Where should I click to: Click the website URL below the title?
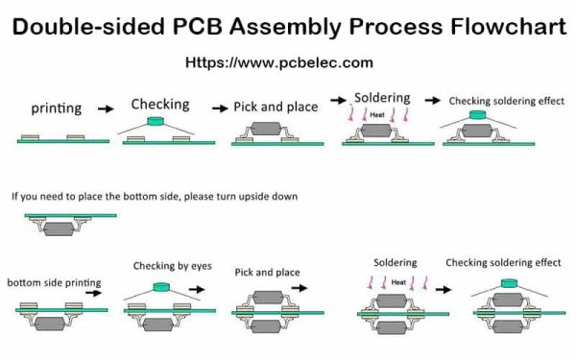pos(277,62)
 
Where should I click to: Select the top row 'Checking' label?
pos(159,104)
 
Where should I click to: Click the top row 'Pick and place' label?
pos(276,107)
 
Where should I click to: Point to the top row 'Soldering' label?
pos(382,98)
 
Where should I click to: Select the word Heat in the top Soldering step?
pos(381,113)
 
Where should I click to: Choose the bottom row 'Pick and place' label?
pos(266,273)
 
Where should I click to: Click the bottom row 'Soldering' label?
pos(395,262)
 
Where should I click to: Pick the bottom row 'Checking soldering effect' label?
pos(503,262)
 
